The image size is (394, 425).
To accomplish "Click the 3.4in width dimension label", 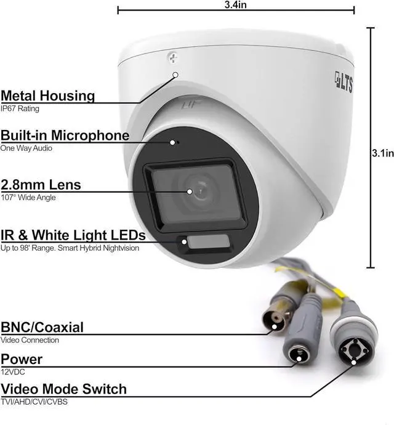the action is [x=236, y=4].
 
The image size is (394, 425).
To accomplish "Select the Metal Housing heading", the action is [x=48, y=96].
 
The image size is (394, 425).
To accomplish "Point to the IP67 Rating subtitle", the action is [x=20, y=108].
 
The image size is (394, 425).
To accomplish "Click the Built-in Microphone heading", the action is [x=65, y=136].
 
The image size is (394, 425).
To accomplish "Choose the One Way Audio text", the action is [x=26, y=148].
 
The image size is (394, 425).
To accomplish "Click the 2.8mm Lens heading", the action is [x=41, y=185].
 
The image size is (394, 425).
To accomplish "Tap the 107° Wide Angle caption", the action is [x=28, y=197].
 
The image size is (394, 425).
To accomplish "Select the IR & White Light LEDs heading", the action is [x=73, y=235].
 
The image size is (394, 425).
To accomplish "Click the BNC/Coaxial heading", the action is [x=42, y=327].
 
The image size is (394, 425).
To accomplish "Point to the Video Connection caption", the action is [x=30, y=340].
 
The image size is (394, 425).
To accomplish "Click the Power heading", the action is [x=22, y=359].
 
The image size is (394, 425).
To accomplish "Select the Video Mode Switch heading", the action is [x=63, y=389].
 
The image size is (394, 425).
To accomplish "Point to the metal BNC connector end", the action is [x=273, y=320].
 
